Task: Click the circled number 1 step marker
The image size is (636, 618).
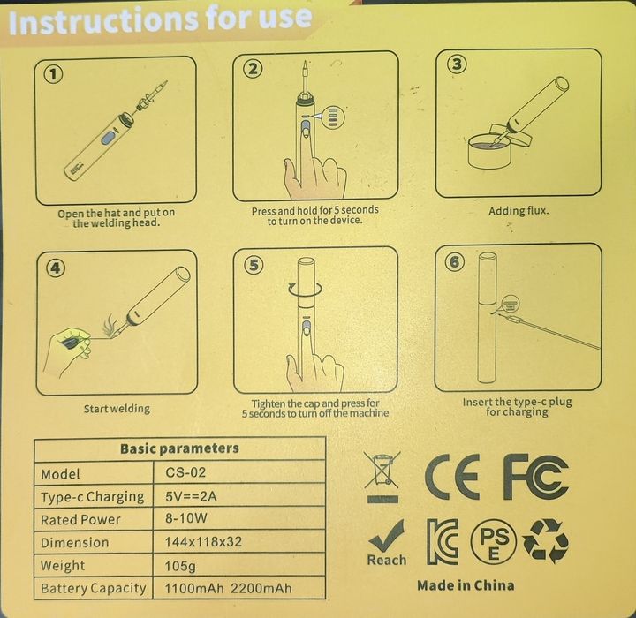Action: point(54,75)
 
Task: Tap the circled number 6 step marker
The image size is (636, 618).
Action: point(455,261)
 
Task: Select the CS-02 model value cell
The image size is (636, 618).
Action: point(185,472)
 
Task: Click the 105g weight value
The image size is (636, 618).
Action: point(179,566)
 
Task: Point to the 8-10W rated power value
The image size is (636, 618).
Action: point(185,518)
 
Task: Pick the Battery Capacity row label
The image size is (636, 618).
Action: point(94,588)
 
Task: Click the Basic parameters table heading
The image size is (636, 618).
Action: point(179,448)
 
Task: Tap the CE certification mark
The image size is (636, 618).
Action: point(452,477)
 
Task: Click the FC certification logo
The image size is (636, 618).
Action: point(535,477)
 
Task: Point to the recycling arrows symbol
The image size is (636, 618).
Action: point(546,541)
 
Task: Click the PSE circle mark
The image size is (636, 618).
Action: point(493,542)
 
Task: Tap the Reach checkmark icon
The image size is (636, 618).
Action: point(388,535)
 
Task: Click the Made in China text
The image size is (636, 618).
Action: point(466,585)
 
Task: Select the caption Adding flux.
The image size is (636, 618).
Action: point(519,211)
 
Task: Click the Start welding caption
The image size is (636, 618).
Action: point(117,409)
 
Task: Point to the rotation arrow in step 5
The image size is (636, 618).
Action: point(305,290)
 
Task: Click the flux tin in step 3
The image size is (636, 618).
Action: point(489,152)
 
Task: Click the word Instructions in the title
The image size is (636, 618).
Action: point(103,22)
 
